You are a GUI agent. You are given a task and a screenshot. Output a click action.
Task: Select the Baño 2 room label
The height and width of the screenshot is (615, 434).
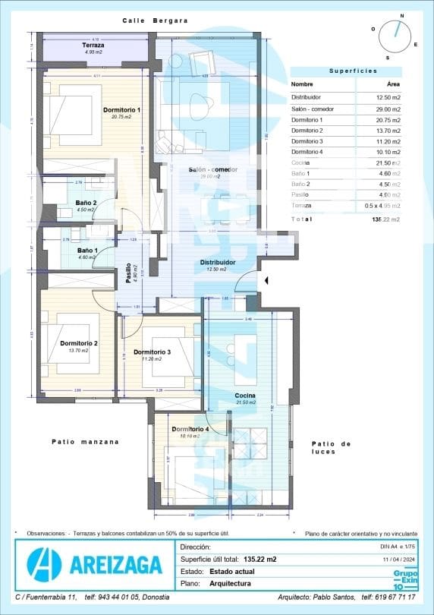click(86, 203)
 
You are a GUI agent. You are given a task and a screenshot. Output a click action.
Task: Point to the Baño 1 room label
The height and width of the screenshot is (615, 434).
click(86, 251)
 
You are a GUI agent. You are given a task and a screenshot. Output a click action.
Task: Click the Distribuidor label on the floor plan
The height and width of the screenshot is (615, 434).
click(218, 262)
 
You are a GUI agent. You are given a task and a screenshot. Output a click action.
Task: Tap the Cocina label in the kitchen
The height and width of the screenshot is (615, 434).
click(244, 396)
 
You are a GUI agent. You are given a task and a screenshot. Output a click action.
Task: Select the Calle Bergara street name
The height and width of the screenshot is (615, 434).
click(155, 20)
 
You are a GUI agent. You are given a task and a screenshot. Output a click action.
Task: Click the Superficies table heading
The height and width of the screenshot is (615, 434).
click(352, 71)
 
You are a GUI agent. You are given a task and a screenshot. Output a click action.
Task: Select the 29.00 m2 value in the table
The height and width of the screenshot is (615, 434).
click(388, 109)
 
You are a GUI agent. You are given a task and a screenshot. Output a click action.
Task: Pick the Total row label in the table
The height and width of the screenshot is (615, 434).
click(301, 219)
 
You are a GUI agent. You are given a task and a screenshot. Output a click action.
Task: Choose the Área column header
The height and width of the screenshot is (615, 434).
click(393, 84)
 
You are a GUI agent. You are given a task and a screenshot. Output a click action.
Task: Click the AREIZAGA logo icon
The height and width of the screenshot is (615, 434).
click(43, 564)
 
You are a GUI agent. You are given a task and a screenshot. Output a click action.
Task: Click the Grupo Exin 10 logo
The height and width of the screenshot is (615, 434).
click(404, 579)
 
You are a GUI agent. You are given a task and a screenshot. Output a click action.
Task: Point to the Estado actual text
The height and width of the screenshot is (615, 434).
click(231, 571)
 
